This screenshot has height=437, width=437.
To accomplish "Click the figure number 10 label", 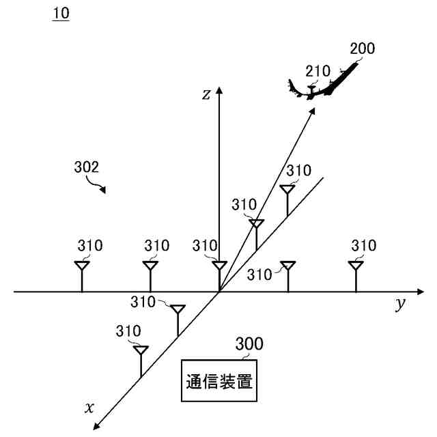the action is [61, 13].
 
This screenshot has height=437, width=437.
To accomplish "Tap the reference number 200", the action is [362, 48].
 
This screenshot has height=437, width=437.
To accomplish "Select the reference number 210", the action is [318, 70].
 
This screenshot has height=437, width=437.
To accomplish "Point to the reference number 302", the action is [87, 167].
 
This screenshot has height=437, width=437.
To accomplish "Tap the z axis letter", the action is [206, 95].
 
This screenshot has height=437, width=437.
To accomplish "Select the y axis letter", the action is [400, 305].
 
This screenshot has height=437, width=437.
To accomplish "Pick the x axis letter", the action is [89, 408].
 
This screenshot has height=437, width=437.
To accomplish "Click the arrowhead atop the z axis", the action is [218, 91].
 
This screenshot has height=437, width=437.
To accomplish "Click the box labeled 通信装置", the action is [219, 381].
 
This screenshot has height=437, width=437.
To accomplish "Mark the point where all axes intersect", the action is [218, 292].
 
